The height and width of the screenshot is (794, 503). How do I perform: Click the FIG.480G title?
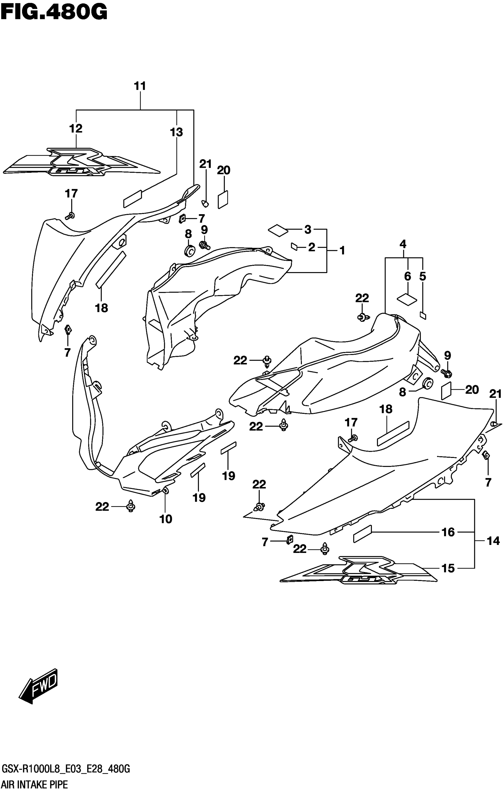54,12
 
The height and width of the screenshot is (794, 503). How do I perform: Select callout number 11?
140,86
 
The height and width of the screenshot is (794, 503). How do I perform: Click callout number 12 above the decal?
75,129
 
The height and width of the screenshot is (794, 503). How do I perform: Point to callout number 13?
176,132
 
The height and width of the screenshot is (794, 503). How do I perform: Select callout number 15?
448,568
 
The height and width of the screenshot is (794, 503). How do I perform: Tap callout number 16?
448,532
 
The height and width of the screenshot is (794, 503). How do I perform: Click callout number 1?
342,251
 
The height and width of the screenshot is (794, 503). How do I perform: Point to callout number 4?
403,244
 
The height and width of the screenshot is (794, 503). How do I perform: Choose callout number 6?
408,276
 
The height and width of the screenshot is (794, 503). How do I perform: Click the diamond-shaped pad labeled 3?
278,230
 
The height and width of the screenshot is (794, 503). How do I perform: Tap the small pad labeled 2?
294,247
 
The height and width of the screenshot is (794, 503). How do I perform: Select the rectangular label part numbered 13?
133,199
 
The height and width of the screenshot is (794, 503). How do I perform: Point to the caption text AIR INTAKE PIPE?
35,785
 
